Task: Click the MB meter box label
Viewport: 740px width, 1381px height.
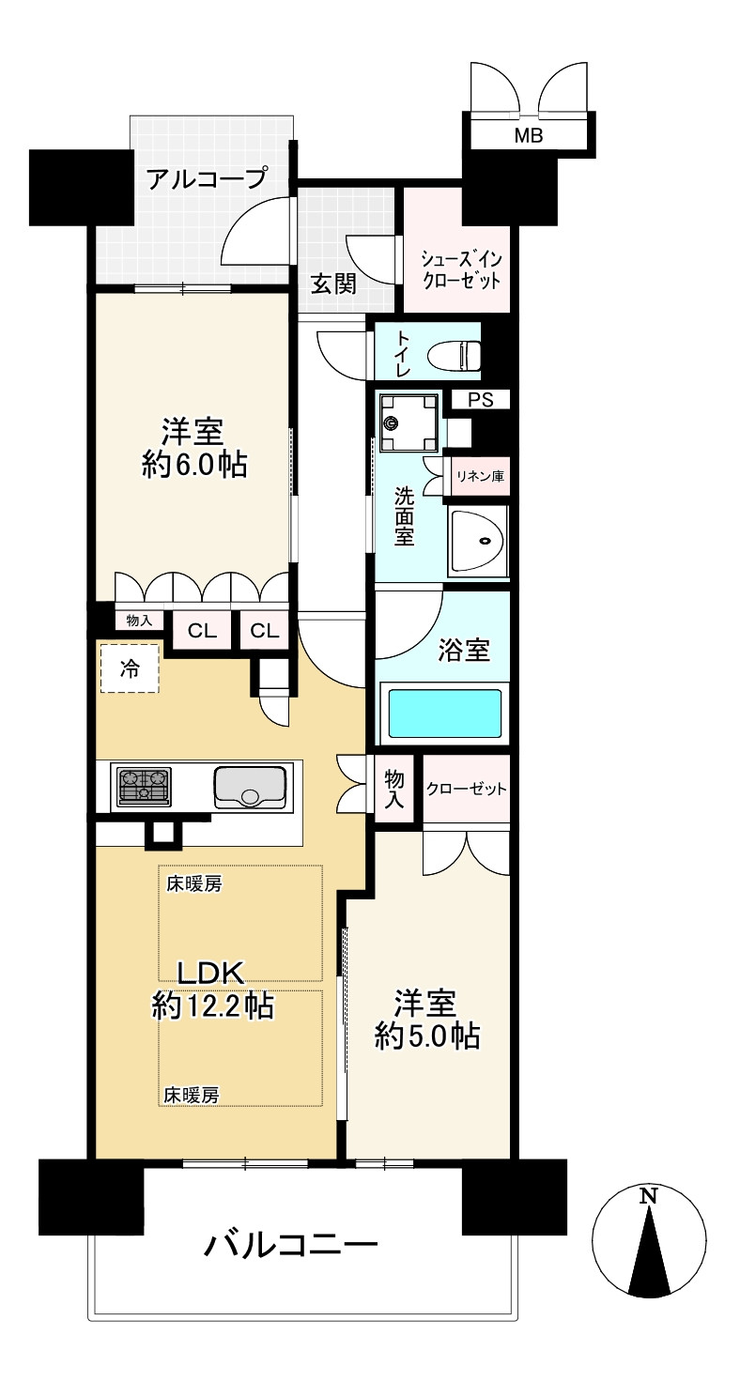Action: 528,136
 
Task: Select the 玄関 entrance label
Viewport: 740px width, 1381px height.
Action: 332,284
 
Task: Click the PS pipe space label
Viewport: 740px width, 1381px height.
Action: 480,400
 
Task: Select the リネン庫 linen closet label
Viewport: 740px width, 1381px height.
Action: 480,477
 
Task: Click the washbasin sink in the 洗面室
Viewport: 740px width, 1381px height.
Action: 479,542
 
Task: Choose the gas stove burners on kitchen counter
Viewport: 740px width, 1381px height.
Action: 143,787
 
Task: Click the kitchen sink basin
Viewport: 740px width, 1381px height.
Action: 250,787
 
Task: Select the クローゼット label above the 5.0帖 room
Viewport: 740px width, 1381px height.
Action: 466,789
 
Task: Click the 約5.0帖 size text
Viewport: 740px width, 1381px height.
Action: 427,1036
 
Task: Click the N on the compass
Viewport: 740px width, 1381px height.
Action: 648,1196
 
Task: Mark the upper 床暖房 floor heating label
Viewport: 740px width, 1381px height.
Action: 193,883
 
